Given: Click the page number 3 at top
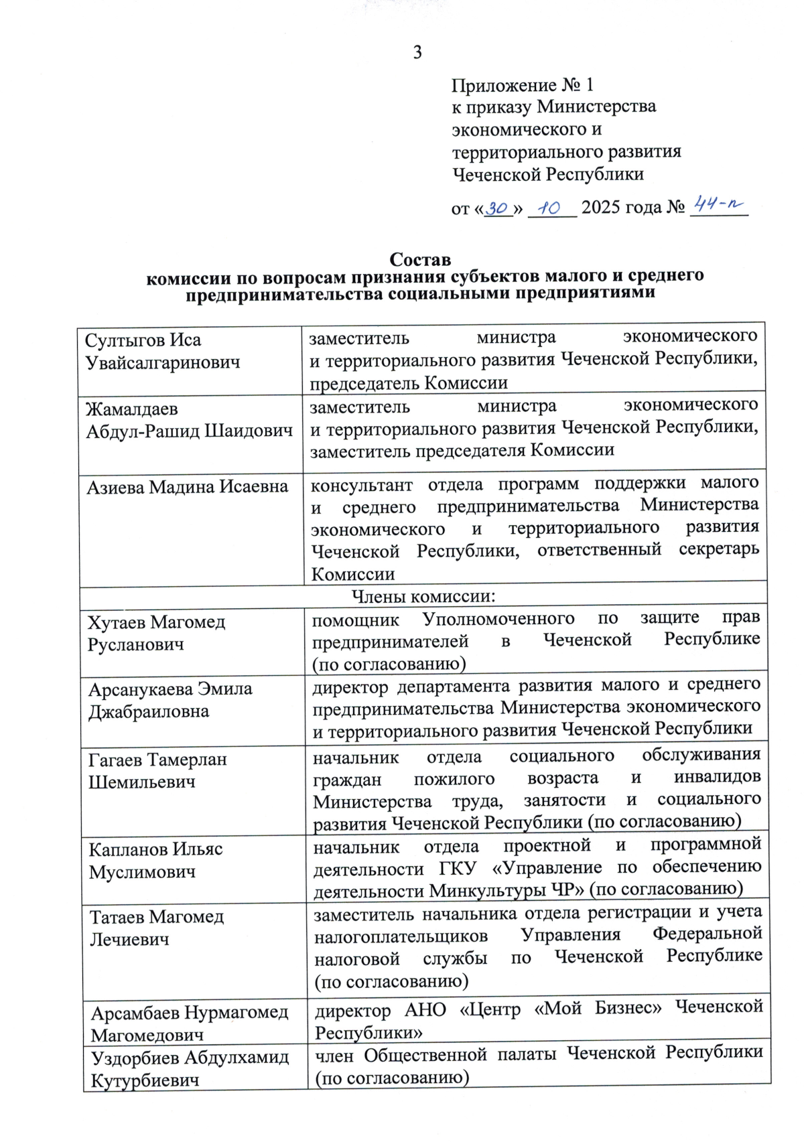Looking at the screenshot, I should (x=417, y=52).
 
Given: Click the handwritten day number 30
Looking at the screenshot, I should (x=497, y=208).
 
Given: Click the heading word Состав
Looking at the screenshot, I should (x=420, y=259).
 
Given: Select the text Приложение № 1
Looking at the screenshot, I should (x=522, y=85).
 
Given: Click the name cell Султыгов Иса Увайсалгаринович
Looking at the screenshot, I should (x=162, y=351).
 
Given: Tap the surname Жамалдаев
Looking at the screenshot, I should (x=131, y=409).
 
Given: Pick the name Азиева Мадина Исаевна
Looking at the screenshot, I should (x=187, y=487).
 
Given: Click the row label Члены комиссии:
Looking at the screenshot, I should (x=423, y=595).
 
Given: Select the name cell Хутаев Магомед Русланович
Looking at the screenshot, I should (x=156, y=633).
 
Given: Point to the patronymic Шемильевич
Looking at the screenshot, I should (x=141, y=782).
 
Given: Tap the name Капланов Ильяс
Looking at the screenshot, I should (x=155, y=849).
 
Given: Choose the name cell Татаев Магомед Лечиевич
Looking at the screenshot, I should (x=157, y=928).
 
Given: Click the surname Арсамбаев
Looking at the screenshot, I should (x=135, y=1012).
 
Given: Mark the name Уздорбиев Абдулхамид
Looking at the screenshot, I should (x=190, y=1058).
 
